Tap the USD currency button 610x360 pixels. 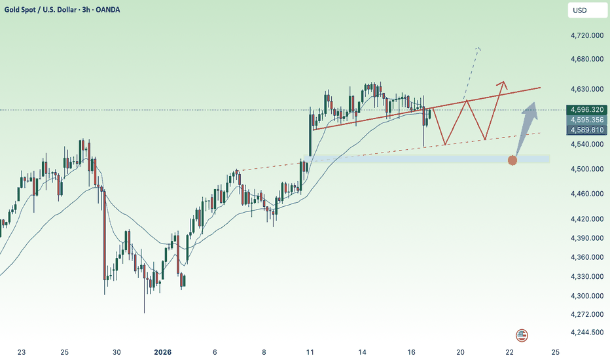point(579,10)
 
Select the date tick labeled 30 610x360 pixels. point(117,353)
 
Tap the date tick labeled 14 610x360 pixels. point(361,353)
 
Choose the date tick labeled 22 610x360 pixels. point(509,353)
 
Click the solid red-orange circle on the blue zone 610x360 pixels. point(512,160)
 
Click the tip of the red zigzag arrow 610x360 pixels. point(503,82)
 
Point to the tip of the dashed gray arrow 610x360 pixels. point(478,48)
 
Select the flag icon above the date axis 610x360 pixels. point(522,335)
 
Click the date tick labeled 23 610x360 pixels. point(22,353)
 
